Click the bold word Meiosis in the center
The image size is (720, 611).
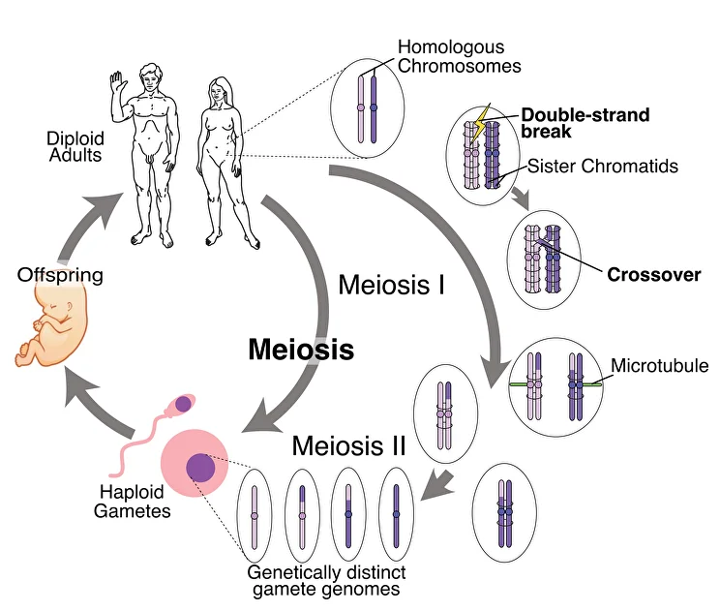pos(301,349)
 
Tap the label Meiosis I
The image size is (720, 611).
pos(390,286)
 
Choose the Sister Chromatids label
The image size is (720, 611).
pos(602,167)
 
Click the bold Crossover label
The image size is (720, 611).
pos(653,275)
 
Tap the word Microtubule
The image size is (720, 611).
pos(660,367)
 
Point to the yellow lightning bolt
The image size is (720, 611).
pos(480,121)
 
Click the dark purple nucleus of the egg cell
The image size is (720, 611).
pos(200,467)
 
